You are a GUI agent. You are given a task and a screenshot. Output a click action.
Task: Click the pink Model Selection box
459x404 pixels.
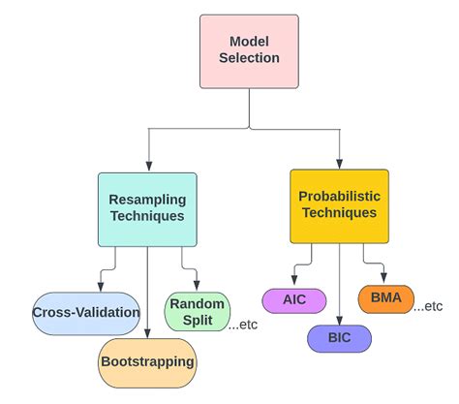tap(249, 49)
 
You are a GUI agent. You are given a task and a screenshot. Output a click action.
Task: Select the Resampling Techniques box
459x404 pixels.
tap(147, 208)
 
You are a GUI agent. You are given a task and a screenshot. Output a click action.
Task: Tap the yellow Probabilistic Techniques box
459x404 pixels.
tap(339, 205)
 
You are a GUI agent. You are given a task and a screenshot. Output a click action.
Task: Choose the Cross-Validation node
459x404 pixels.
tap(86, 313)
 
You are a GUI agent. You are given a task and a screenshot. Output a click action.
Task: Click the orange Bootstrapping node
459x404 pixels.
tap(147, 361)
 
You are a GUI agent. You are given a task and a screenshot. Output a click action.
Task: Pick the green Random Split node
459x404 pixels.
tap(197, 313)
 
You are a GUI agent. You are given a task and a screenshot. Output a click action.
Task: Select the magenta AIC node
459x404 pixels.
tap(293, 299)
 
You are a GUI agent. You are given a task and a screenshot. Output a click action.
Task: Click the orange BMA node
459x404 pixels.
tap(385, 298)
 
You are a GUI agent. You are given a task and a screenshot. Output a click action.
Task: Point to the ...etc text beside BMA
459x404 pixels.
tap(429, 306)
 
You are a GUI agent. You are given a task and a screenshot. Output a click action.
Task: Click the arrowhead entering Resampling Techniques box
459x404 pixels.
tap(147, 168)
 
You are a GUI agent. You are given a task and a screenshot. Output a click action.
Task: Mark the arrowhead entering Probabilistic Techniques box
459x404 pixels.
tap(339, 164)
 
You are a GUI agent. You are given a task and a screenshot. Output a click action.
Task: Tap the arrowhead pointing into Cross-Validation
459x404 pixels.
tap(100, 287)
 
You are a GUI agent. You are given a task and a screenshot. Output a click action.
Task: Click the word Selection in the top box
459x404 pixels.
tap(249, 58)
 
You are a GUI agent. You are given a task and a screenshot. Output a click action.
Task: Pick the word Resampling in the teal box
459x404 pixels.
tap(147, 200)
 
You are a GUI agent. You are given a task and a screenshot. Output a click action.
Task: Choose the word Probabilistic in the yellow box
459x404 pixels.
tap(339, 197)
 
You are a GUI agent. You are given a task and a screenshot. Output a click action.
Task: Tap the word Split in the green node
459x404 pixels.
tap(197, 322)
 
